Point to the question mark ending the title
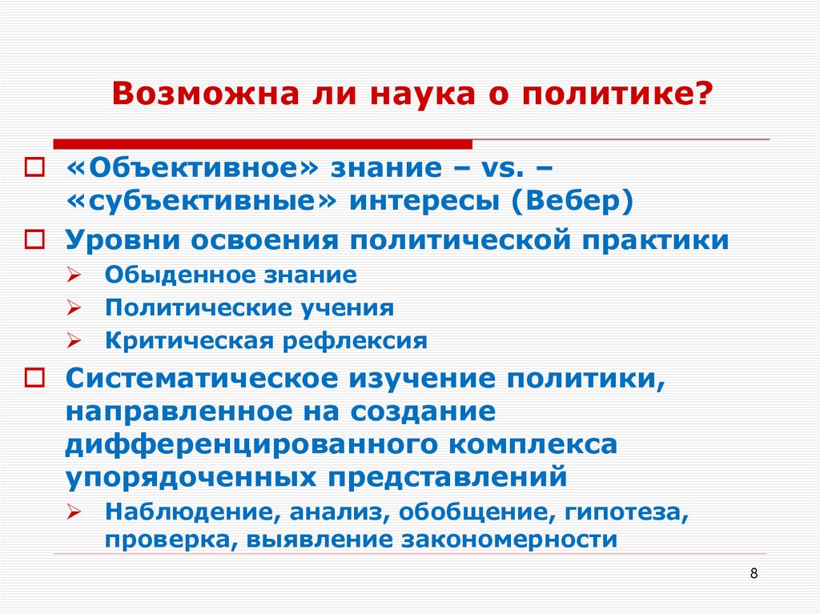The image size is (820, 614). pos(703,95)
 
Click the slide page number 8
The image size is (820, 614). pos(754,574)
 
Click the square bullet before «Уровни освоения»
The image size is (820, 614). pos(35,240)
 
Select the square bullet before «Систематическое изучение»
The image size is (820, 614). pos(35,377)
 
